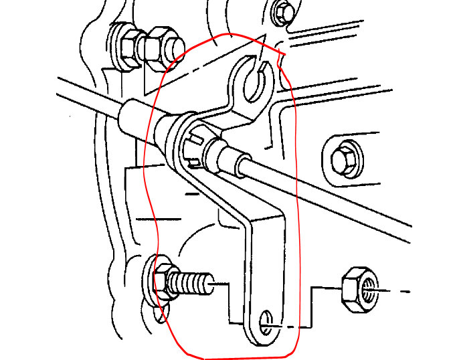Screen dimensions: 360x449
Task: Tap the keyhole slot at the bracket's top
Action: pyautogui.click(x=254, y=78)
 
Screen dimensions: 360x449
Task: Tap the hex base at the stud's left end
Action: pyautogui.click(x=161, y=280)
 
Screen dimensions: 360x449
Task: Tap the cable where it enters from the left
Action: pyautogui.click(x=74, y=87)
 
